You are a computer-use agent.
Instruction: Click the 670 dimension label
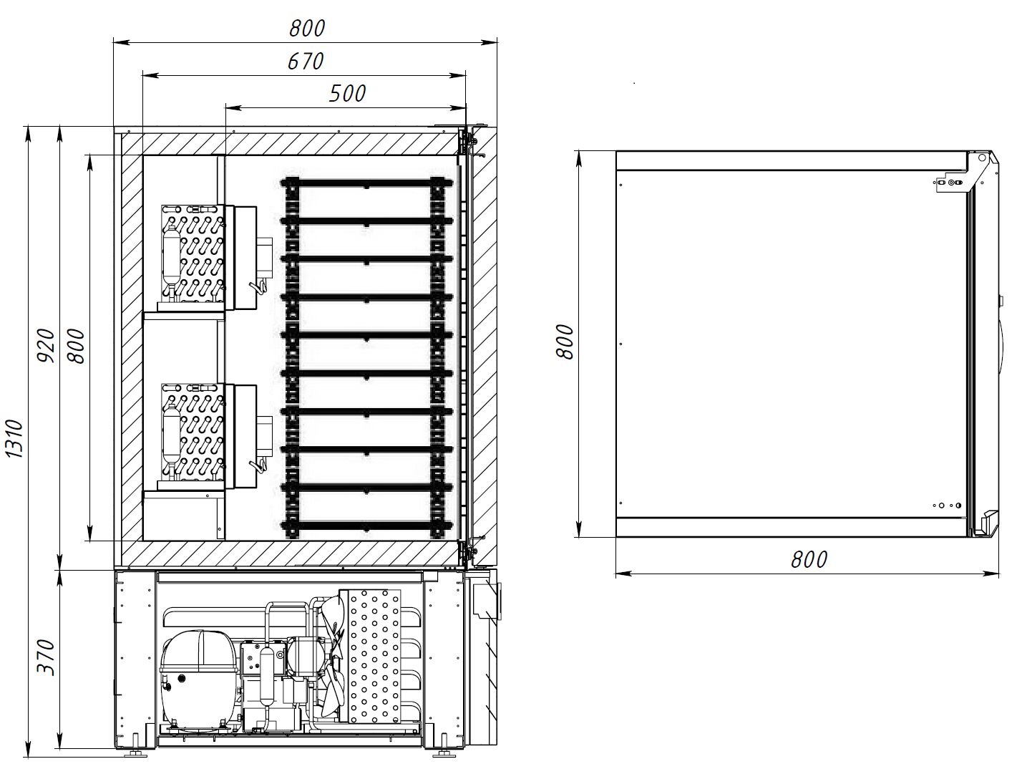(x=306, y=62)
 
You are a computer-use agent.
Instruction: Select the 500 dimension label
(x=347, y=94)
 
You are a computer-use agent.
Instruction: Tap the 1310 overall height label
(x=14, y=439)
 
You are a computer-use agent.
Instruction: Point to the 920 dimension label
(x=46, y=346)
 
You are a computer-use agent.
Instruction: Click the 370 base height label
(x=46, y=657)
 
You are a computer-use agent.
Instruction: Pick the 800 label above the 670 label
(x=307, y=29)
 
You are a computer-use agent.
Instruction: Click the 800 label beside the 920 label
(x=75, y=346)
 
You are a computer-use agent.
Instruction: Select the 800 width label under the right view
(x=809, y=559)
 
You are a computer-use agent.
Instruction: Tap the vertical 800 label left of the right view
(x=564, y=342)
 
